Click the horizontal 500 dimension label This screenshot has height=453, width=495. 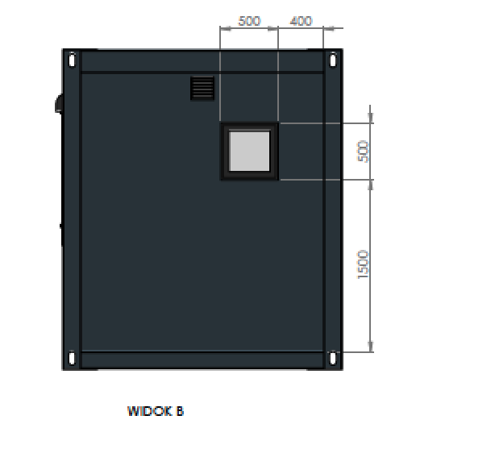point(249,21)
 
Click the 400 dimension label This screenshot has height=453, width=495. point(301,21)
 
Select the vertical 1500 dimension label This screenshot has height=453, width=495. point(363,264)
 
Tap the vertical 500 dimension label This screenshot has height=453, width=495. point(363,152)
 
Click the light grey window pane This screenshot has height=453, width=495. point(249,152)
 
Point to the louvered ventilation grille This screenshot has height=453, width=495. point(202,89)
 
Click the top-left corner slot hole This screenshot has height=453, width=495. point(72,60)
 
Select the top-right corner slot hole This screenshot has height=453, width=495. point(333,60)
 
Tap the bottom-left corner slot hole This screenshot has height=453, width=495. point(72,359)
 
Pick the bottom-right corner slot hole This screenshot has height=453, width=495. point(333,359)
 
